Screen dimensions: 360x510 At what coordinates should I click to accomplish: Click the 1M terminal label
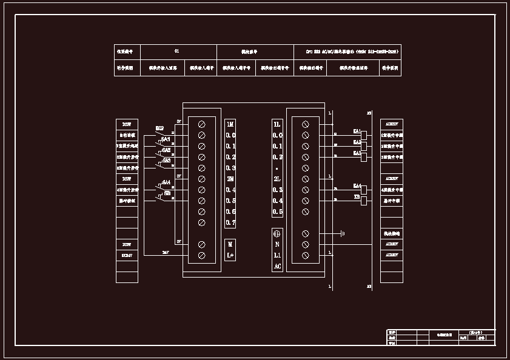click(x=230, y=124)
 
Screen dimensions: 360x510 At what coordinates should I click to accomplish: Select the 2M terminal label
click(x=230, y=179)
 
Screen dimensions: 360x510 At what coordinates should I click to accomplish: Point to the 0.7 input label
click(x=230, y=222)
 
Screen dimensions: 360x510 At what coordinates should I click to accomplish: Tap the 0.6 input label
click(x=230, y=212)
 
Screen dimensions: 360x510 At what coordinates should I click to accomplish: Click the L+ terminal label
click(x=230, y=255)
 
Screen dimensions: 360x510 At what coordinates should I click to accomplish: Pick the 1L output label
click(x=277, y=124)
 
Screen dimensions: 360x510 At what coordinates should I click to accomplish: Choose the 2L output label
click(x=277, y=179)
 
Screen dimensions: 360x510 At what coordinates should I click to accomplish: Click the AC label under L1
click(x=277, y=266)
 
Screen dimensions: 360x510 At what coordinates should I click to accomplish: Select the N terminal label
click(x=277, y=244)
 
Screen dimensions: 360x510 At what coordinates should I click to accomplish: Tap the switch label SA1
click(x=166, y=139)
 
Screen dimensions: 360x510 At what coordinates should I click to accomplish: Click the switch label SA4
click(x=166, y=182)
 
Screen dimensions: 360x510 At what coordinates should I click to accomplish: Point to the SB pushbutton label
click(x=167, y=193)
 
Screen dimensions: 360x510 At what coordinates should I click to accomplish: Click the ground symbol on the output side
click(x=342, y=233)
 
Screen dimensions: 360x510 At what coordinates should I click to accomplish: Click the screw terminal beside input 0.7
click(x=201, y=222)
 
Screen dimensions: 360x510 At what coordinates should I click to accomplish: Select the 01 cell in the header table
click(x=176, y=52)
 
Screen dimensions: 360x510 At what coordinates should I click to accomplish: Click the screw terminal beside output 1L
click(x=306, y=124)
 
